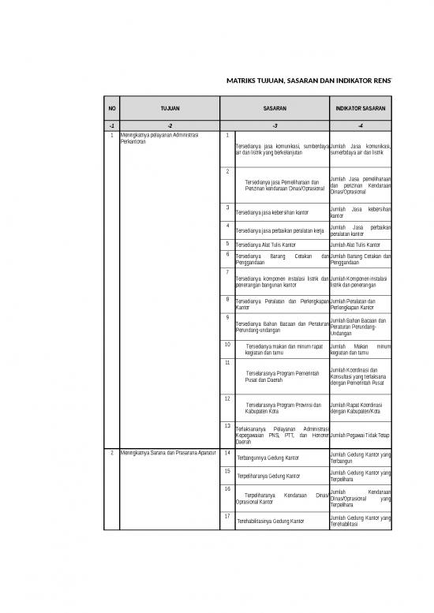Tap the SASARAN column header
(275, 109)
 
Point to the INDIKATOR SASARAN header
(360, 109)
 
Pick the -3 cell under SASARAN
(275, 125)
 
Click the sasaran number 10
(228, 344)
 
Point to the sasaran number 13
(228, 426)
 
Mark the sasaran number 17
(228, 516)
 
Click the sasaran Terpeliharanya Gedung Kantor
(268, 477)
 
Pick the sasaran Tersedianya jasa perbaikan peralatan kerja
(280, 230)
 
